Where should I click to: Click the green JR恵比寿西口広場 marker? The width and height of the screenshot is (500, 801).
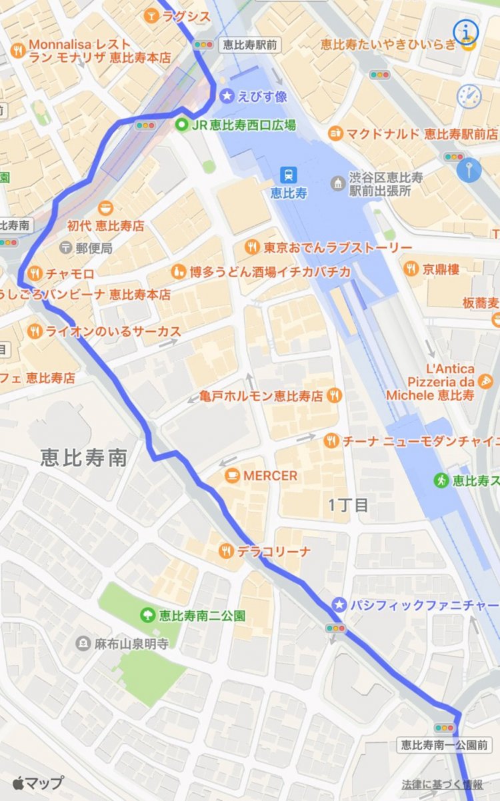(x=181, y=125)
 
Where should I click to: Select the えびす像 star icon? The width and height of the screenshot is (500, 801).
(x=227, y=97)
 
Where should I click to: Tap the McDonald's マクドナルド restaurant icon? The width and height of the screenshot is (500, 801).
(x=335, y=133)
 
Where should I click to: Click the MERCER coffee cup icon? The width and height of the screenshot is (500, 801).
(x=232, y=475)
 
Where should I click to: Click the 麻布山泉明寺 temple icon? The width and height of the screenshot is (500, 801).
(x=83, y=644)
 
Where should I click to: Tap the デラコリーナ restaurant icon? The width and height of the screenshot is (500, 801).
(x=227, y=550)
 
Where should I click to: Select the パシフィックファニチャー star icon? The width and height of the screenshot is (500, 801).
(x=339, y=604)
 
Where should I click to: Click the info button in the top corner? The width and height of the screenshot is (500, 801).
(x=466, y=31)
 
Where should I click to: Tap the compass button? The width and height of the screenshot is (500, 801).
(x=469, y=96)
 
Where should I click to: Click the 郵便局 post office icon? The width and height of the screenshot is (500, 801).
(x=65, y=248)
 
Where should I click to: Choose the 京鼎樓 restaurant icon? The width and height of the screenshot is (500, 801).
(x=411, y=269)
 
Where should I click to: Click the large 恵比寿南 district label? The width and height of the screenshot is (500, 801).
(x=83, y=458)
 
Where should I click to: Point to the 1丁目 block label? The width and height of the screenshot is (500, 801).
(x=348, y=504)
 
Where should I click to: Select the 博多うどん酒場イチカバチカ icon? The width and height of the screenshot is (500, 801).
(x=178, y=271)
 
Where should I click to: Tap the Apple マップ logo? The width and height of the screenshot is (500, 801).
(x=37, y=782)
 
